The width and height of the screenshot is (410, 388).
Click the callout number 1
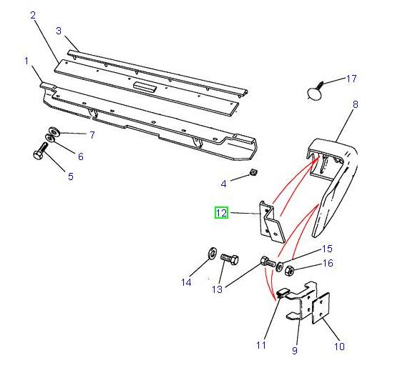pos(26,61)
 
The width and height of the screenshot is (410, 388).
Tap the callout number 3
pos(59,31)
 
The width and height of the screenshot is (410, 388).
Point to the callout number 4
pos(223,184)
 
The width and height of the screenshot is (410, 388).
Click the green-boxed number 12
pos(221,213)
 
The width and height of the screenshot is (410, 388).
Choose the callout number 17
pos(351,79)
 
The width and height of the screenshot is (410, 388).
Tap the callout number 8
pos(355,105)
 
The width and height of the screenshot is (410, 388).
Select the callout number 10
pos(338,347)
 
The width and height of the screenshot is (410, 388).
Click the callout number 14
pos(186,282)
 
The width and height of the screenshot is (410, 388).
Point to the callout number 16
pos(328,264)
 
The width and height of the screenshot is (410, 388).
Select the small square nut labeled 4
pos(253,173)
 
